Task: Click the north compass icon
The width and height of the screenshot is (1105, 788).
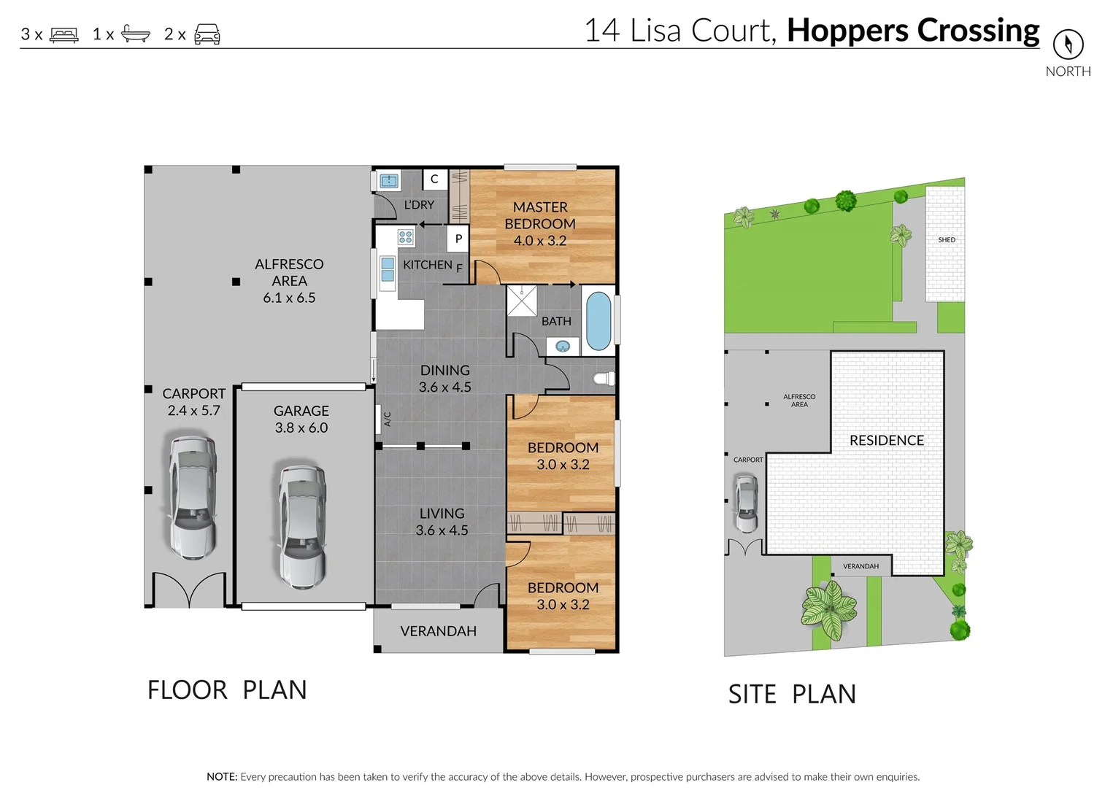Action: (1068, 45)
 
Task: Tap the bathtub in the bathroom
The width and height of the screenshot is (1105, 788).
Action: (598, 321)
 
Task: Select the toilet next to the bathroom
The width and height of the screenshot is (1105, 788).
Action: (604, 379)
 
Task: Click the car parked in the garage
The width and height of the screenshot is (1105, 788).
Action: (302, 526)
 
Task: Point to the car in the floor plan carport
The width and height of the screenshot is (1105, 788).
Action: (192, 497)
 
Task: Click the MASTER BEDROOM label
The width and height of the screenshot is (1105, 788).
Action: (540, 215)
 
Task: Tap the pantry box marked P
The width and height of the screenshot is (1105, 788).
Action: (458, 239)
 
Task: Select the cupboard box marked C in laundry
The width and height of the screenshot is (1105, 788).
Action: (434, 179)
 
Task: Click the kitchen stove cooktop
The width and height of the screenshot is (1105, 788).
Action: (406, 237)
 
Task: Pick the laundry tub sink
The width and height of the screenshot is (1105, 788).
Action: (389, 181)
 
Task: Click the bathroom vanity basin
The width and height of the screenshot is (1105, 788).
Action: (563, 347)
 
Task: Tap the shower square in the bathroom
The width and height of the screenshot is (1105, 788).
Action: (522, 301)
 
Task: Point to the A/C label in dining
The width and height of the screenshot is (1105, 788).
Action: (388, 419)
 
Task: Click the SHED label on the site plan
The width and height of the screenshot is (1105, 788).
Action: (947, 239)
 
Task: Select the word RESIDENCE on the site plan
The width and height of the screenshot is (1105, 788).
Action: (887, 441)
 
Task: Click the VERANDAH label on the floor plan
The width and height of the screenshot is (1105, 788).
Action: (438, 631)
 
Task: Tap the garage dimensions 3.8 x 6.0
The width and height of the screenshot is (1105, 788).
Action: (301, 428)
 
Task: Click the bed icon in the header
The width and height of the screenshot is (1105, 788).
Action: (64, 35)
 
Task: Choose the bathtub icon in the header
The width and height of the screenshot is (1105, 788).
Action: (136, 34)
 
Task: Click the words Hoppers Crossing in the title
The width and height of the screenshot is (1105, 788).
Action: (913, 31)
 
